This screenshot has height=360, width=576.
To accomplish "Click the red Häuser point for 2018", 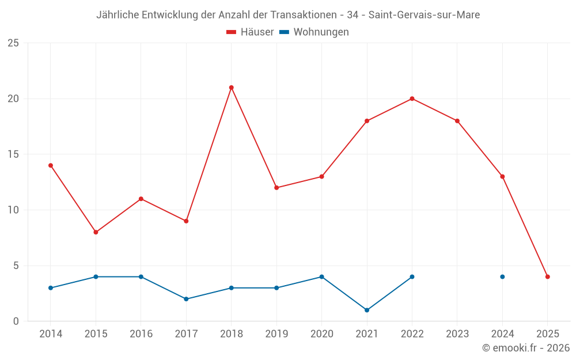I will click(231, 88).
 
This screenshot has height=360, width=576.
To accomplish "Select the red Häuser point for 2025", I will click(547, 276).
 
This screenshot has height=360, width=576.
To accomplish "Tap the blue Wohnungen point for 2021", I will click(367, 310).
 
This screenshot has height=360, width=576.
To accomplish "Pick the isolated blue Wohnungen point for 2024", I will click(502, 276).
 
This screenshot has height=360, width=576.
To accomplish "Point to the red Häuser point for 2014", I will click(51, 165).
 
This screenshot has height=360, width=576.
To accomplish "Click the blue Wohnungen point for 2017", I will click(186, 299).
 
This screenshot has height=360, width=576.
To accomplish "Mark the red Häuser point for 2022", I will click(412, 98).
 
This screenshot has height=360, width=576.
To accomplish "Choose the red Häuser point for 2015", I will click(96, 232).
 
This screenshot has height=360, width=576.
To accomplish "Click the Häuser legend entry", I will click(250, 32).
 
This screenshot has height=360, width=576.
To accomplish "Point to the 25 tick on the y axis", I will click(13, 43).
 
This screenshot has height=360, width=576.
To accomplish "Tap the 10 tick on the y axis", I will click(13, 210).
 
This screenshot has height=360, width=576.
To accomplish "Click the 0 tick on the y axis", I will click(16, 321).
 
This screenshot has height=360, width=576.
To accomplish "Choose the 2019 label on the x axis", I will click(276, 334).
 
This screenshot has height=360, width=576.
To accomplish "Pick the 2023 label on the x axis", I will click(457, 334).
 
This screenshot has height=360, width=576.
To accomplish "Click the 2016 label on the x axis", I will click(141, 334).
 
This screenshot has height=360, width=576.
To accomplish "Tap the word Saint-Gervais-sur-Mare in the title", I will click(424, 15).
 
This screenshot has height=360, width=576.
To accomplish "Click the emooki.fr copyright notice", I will click(525, 348).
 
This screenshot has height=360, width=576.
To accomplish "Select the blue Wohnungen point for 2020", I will click(321, 276).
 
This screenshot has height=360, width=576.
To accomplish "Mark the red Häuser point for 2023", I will click(457, 121).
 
